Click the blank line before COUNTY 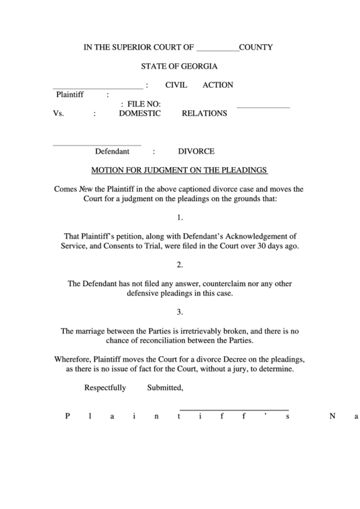click(217, 50)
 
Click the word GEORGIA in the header click(196, 67)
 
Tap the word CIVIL click(177, 85)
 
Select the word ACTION click(217, 85)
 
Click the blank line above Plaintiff click(98, 88)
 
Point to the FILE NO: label click(140, 104)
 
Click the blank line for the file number click(263, 107)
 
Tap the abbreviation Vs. click(58, 113)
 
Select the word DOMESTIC click(140, 113)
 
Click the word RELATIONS click(204, 113)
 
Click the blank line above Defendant click(96, 144)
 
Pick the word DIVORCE click(196, 152)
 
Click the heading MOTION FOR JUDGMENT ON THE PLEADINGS click(179, 170)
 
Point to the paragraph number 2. click(179, 264)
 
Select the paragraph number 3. click(179, 312)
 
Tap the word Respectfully click(105, 388)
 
